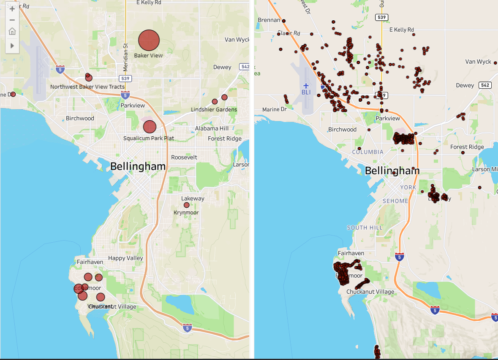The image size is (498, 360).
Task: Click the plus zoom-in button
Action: (x=12, y=9)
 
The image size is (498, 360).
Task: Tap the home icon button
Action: (x=12, y=31)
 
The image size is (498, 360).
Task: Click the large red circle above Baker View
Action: (x=149, y=41)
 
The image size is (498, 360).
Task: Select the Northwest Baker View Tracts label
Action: (x=87, y=87)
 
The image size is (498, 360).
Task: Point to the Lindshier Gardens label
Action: (x=214, y=110)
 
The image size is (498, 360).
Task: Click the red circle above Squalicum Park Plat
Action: (x=150, y=127)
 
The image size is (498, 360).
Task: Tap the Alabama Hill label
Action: (x=212, y=128)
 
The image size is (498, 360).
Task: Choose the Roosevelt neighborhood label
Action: (x=184, y=157)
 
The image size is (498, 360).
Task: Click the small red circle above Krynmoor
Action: (x=187, y=205)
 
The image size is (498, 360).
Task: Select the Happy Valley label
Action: (x=125, y=258)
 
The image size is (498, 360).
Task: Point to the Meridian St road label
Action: (x=125, y=57)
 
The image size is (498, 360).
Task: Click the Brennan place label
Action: (x=269, y=20)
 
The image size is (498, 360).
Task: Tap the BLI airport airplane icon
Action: (x=306, y=86)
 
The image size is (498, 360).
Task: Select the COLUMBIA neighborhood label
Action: (x=368, y=152)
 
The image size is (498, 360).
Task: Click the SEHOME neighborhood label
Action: (x=395, y=201)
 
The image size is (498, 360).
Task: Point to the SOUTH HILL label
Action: (x=365, y=228)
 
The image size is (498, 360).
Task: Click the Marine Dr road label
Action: (x=271, y=110)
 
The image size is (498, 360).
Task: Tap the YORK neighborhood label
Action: (x=408, y=187)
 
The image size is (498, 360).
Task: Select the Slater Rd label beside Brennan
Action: (x=288, y=33)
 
